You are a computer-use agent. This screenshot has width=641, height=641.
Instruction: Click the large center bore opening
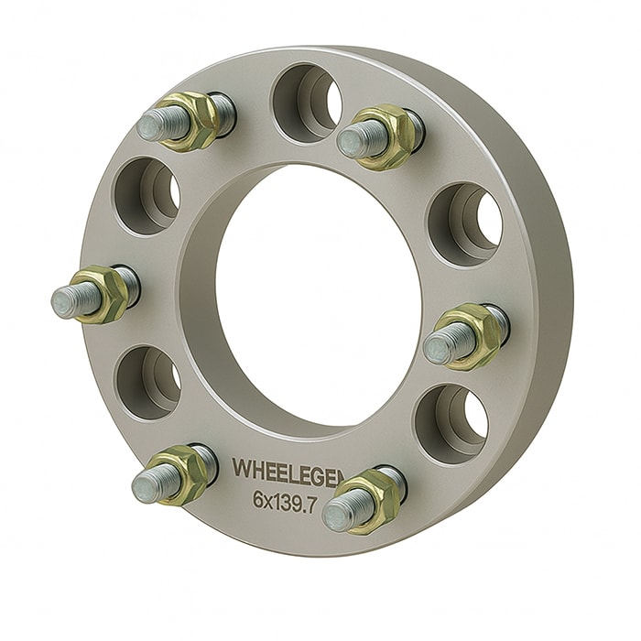pos(316,302)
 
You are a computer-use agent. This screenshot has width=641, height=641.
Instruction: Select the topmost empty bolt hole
pos(308,102)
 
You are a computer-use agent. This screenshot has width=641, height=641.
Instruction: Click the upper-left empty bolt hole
pos(147,194)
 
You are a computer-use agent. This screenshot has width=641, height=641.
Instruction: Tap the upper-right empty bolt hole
pos(465,224)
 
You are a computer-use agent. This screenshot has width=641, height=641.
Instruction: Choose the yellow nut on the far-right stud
pos(476,334)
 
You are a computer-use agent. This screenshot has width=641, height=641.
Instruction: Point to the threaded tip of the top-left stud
pos(158,125)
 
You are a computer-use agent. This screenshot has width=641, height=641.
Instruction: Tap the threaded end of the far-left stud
pos(69,299)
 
